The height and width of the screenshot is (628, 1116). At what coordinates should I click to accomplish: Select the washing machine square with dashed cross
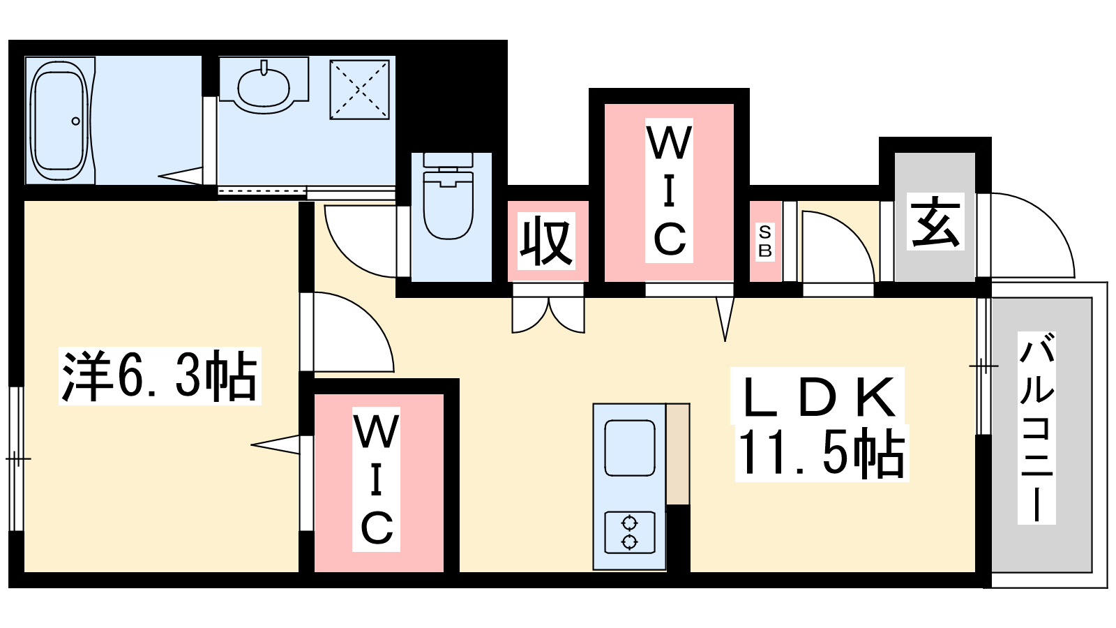[359, 89]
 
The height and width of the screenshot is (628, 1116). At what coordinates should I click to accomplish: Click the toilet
[448, 199]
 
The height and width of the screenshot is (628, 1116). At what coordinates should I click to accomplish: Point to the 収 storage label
[546, 241]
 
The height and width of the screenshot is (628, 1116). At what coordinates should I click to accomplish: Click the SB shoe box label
[765, 241]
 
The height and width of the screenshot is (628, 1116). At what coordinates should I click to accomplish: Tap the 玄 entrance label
[935, 221]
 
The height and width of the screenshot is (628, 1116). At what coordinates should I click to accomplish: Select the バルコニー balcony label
[1036, 428]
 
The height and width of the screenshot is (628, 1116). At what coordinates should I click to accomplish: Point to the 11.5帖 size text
[821, 454]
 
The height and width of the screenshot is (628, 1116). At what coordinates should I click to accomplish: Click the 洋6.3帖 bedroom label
[160, 376]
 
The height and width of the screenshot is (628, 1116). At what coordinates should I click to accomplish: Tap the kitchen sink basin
[629, 447]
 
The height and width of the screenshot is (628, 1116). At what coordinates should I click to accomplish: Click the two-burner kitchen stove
[630, 532]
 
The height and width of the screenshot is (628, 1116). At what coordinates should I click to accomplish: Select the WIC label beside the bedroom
[377, 480]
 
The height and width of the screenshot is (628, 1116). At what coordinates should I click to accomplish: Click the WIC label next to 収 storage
[669, 191]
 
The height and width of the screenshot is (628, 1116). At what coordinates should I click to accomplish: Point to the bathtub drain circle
[75, 121]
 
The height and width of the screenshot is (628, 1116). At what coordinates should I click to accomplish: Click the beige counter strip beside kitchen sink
[677, 454]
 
